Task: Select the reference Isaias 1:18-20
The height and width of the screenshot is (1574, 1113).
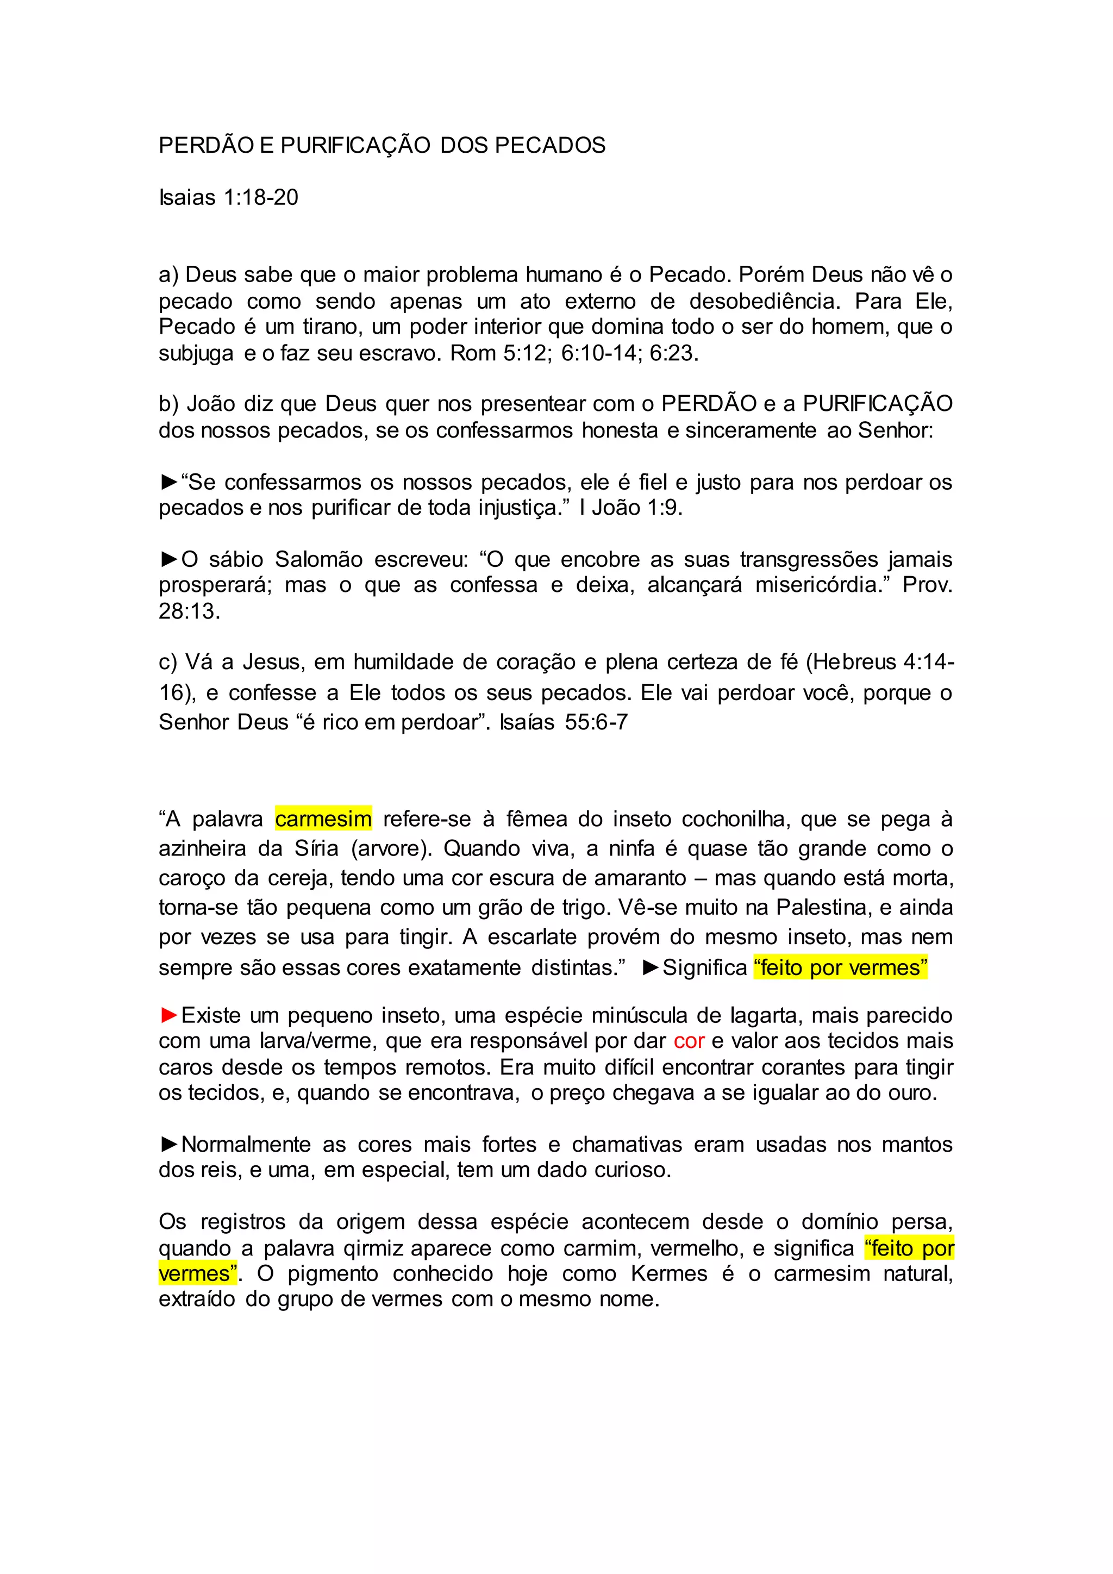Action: [228, 197]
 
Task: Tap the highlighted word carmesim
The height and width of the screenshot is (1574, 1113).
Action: [323, 819]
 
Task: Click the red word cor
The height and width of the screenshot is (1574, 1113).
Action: [689, 1041]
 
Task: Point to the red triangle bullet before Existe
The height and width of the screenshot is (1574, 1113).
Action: [168, 1015]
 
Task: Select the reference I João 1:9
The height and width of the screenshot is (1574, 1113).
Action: [630, 508]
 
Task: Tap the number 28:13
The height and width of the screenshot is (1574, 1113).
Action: [189, 611]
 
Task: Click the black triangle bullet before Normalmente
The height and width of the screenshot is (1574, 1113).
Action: [168, 1144]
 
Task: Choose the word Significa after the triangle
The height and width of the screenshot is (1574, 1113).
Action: [704, 967]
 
